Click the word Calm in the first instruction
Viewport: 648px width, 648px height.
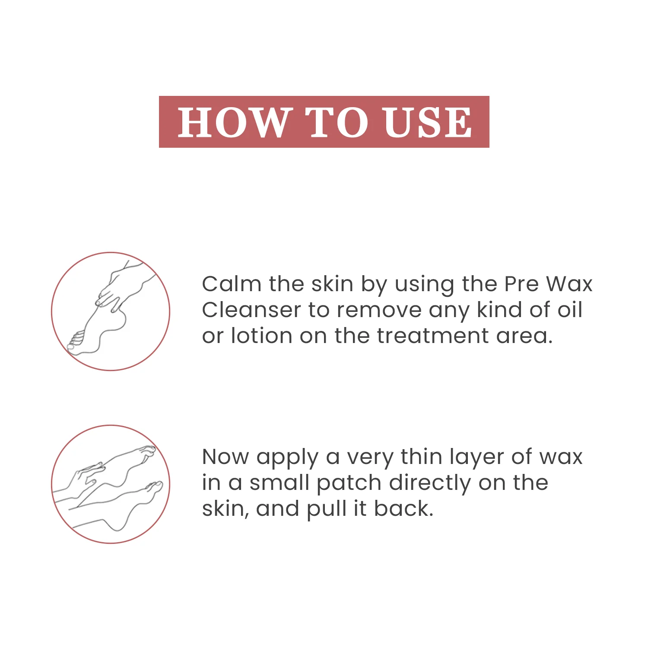232,284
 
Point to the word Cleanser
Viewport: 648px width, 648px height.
251,310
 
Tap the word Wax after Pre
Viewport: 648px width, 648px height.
569,284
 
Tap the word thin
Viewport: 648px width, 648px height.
421,457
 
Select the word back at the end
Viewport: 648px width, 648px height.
403,508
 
